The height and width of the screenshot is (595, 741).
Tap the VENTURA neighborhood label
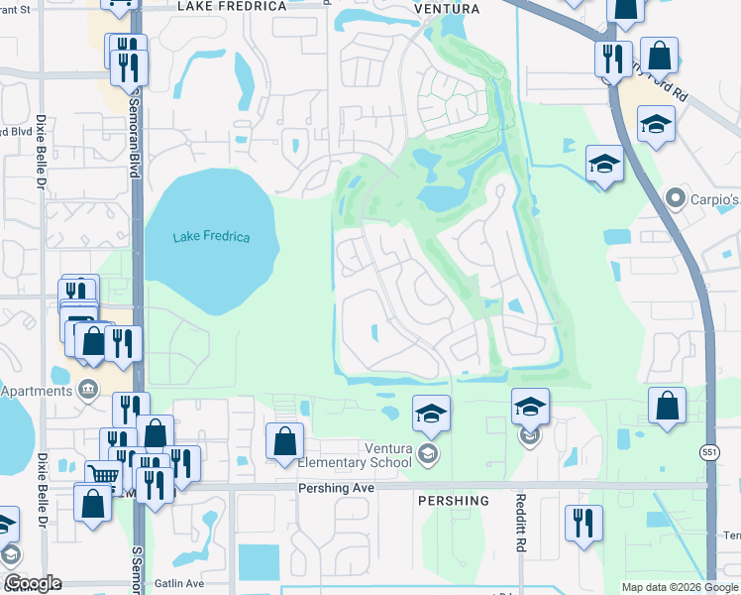tap(447, 9)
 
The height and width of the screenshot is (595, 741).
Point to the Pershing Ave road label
tap(339, 489)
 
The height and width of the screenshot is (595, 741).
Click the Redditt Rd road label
tap(519, 531)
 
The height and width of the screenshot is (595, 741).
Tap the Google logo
tap(33, 583)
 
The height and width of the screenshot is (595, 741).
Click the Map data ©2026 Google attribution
tap(680, 587)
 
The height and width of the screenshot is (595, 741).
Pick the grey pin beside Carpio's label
tap(677, 198)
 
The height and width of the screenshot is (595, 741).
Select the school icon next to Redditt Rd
tap(530, 406)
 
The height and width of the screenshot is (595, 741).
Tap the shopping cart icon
tap(103, 474)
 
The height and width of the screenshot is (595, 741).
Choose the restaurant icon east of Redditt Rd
tap(583, 522)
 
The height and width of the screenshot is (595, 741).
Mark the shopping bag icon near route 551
tap(668, 406)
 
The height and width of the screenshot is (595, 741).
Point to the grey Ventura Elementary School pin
tap(428, 454)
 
